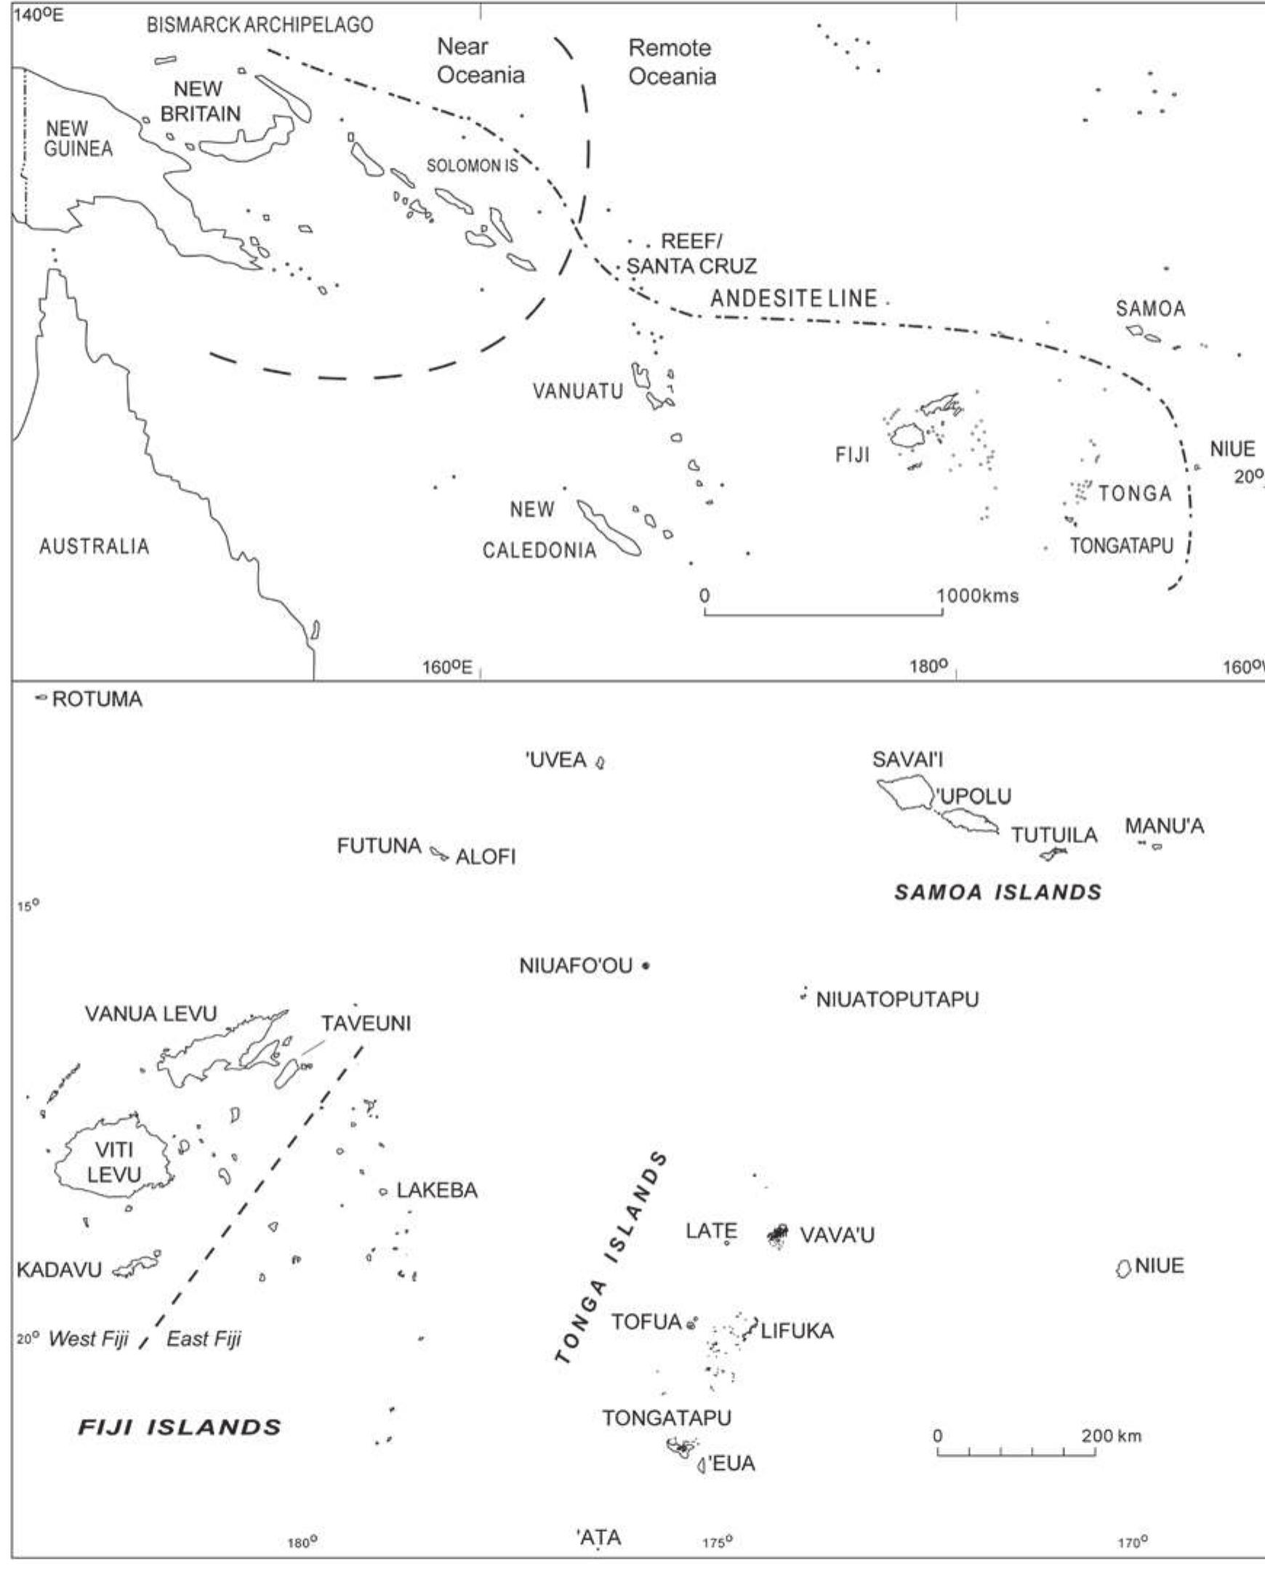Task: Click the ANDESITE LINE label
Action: click(794, 298)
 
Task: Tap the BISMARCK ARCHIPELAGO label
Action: click(260, 25)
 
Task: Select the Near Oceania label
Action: click(481, 61)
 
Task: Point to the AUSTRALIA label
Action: click(94, 547)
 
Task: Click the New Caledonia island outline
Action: click(609, 528)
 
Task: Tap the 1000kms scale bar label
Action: click(977, 596)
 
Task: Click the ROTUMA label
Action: click(97, 699)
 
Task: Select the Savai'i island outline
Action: click(904, 792)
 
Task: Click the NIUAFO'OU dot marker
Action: click(646, 966)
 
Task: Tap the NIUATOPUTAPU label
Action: click(897, 1000)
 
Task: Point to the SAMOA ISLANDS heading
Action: click(997, 892)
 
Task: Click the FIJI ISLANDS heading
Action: click(180, 1427)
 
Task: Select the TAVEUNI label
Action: click(366, 1024)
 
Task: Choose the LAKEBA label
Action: click(436, 1191)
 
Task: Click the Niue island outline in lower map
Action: click(1123, 1269)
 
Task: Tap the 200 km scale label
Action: click(1112, 1436)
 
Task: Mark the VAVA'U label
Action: click(837, 1235)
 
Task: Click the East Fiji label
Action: click(204, 1338)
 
